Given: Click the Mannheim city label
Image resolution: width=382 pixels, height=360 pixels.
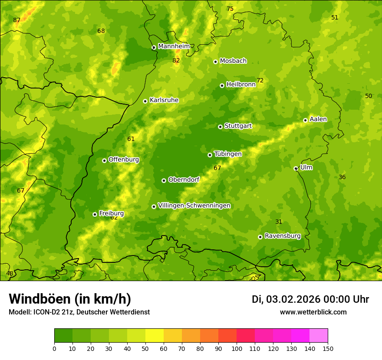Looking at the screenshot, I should point(174,46).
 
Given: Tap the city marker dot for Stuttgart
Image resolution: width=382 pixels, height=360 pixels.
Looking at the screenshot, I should point(220,127).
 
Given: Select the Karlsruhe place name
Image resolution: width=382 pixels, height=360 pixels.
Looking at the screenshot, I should point(164,100).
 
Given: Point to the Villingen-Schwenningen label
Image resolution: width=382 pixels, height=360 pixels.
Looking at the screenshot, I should point(194,206).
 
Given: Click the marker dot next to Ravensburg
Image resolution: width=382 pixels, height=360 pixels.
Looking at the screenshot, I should point(260,237).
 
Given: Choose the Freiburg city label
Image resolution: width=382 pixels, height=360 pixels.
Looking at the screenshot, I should point(111,213).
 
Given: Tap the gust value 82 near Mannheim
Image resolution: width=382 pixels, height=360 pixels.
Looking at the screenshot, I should point(176,61).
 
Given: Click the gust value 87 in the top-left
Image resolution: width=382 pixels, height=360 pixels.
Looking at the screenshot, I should point(16,20).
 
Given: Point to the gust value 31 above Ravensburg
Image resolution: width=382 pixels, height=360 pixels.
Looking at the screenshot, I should point(279,222).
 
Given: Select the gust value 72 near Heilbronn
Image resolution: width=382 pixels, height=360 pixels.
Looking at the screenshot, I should point(260,81).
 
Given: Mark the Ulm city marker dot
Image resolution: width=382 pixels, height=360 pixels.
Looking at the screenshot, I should point(296,168).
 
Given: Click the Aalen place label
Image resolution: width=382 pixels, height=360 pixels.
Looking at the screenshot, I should point(318,119).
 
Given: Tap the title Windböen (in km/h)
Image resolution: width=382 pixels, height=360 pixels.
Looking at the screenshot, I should point(70,299).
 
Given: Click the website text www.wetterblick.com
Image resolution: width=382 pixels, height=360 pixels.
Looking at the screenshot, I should point(313,312).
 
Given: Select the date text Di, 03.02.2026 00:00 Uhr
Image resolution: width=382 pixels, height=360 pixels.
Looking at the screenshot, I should point(310,299).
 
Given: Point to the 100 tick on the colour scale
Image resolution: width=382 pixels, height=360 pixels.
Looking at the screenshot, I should point(237,348).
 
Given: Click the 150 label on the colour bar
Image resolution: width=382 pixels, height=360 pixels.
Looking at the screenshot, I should point(328,348).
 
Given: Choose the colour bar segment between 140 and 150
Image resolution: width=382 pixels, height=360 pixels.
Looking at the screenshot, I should point(319,336).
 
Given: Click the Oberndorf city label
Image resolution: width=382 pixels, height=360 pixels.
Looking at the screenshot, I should point(184,180).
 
